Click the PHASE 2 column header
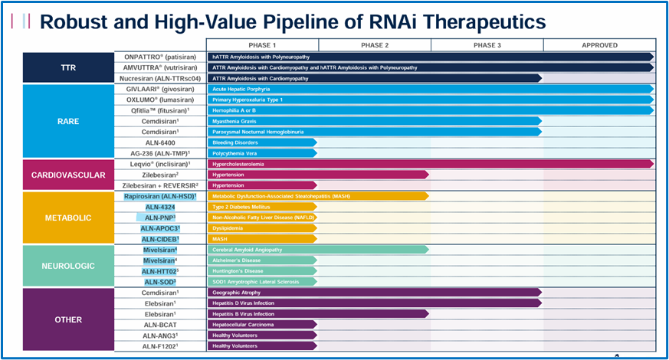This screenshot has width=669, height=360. pos(375,45)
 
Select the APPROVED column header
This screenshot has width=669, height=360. pos(599,45)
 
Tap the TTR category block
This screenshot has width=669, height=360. pos(68,67)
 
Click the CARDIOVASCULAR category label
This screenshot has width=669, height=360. pos(68,175)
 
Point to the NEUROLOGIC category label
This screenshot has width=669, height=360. pos(68,266)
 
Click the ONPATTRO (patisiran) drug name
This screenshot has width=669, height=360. pos(160,57)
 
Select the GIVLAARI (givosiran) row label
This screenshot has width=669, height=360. pos(160,89)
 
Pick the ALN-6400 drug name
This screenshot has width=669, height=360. pos(160,143)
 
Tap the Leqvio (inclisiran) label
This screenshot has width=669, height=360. pos(160,164)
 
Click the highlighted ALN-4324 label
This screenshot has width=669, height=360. pos(160,208)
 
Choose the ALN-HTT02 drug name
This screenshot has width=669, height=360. pos(160,271)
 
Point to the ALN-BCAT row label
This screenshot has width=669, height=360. pos(160,325)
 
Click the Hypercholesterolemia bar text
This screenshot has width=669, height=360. pos(238,164)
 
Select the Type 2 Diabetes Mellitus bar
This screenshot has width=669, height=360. pos(262,207)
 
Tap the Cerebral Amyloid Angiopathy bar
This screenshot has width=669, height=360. pos(318,250)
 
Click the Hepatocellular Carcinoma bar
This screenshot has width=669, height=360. pos(262,325)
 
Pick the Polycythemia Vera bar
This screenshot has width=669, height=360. pos(262,153)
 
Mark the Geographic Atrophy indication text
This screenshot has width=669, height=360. pos(236,293)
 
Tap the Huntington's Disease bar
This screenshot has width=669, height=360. pos(262,271)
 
